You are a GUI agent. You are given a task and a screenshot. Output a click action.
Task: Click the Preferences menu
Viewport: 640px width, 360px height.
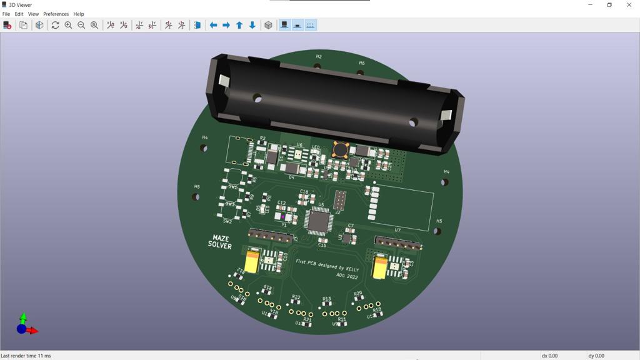(56, 14)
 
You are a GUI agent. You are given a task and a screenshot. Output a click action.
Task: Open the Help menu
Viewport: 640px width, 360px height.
(79, 14)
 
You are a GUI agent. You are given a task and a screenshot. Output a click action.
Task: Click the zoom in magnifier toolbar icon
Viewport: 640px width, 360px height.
(68, 25)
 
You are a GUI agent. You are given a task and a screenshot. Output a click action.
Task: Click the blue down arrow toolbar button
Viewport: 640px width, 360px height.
(252, 25)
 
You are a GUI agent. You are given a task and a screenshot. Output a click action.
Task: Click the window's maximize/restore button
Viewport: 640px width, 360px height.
(609, 5)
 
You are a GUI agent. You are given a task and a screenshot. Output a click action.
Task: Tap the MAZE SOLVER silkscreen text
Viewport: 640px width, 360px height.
(220, 242)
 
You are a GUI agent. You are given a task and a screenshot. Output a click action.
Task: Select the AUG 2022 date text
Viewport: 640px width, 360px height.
(347, 276)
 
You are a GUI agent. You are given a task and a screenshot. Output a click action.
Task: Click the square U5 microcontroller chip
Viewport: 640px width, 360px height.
(318, 221)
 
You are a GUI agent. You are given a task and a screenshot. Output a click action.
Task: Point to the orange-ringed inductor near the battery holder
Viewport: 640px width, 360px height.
(341, 149)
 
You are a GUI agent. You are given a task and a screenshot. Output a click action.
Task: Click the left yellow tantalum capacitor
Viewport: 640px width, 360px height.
(252, 261)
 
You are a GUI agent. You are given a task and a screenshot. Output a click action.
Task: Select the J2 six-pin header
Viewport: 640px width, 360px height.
(340, 200)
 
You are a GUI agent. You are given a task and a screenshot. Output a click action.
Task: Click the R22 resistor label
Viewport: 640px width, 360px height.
(296, 297)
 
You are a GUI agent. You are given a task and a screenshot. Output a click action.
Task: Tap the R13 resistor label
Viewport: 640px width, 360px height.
(326, 299)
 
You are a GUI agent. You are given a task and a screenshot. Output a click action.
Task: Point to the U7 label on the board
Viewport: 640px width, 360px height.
(397, 231)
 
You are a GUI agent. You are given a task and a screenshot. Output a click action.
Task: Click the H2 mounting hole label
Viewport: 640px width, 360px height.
(319, 57)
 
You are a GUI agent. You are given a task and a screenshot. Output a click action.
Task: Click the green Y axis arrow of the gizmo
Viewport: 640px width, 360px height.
(23, 318)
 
